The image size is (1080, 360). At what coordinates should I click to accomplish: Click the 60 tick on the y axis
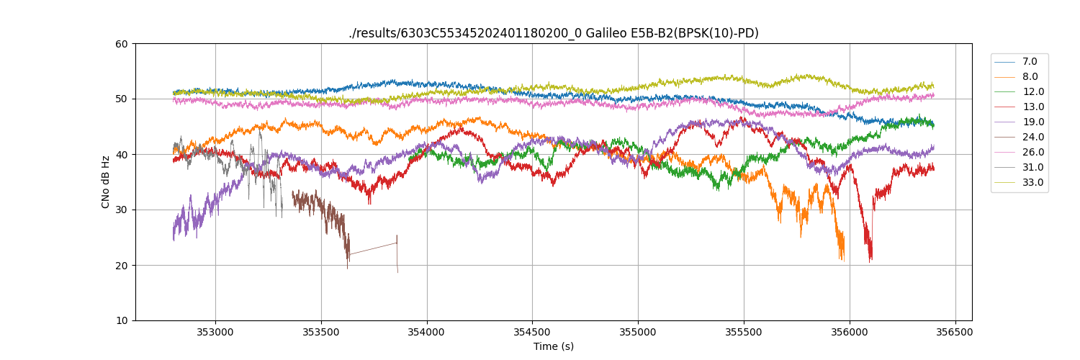tap(122, 44)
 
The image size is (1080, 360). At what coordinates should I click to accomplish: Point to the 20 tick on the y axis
tap(122, 266)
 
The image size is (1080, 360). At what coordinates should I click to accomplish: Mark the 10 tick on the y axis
tap(122, 320)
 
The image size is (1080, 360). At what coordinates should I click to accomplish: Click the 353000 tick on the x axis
tap(215, 332)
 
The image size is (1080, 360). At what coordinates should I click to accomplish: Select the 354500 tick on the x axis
tap(532, 332)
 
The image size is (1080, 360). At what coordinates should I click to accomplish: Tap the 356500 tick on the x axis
tap(955, 332)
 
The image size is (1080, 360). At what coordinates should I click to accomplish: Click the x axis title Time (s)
tap(553, 346)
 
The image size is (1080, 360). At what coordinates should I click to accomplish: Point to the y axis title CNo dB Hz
tap(106, 182)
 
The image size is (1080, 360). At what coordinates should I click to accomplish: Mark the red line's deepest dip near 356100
tap(870, 259)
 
